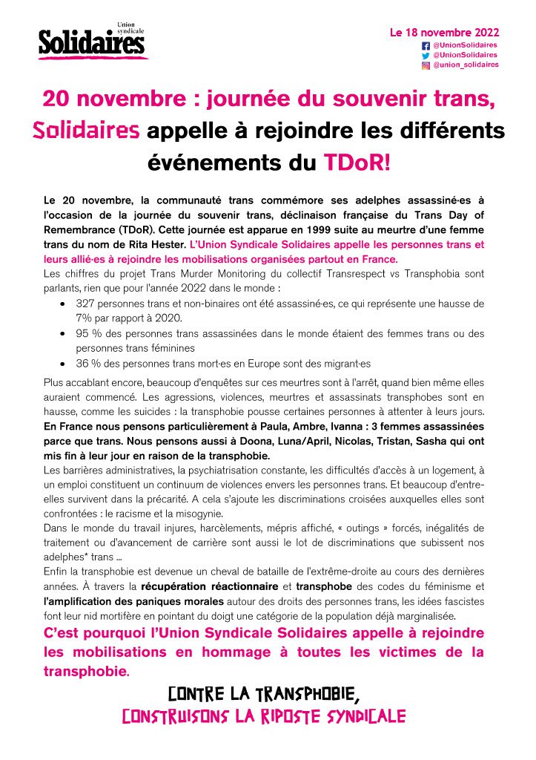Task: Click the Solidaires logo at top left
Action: click(93, 42)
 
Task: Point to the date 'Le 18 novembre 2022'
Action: click(444, 33)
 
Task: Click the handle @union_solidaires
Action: click(466, 65)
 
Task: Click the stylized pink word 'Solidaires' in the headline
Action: click(87, 131)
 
